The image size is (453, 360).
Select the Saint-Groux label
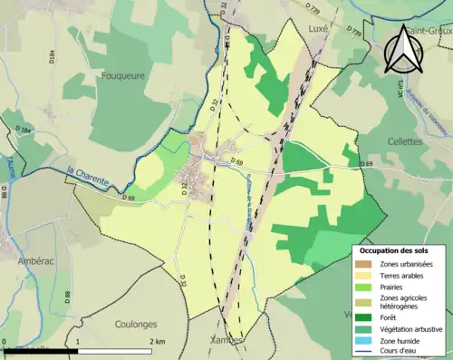pos(428,30)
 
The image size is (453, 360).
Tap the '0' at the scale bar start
pos(5,342)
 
